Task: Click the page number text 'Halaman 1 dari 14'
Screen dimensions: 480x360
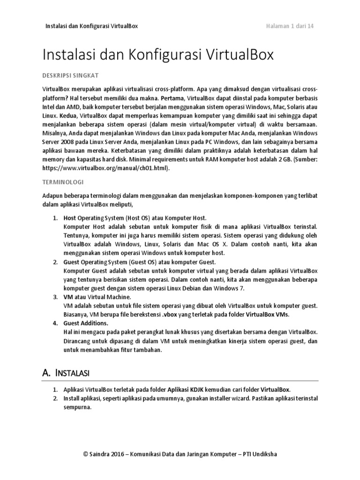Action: (290, 26)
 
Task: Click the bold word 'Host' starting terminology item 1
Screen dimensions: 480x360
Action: (70, 218)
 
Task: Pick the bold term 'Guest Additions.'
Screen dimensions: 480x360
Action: (86, 323)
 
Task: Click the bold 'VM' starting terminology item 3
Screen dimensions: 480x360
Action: (68, 297)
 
